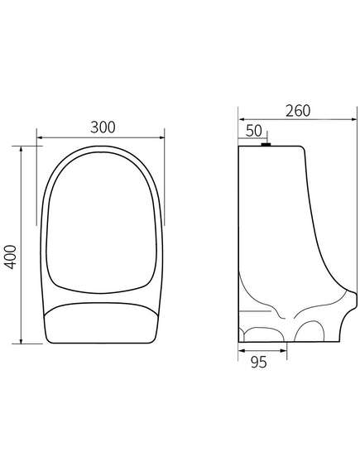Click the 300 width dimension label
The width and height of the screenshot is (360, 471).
coord(103,127)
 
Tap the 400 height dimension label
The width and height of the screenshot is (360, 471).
coord(11,257)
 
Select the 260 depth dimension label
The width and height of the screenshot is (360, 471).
coord(298,111)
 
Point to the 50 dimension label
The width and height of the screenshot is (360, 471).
coord(254,131)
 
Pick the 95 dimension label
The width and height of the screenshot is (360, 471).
coord(258,363)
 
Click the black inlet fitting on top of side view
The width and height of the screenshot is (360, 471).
coord(266,145)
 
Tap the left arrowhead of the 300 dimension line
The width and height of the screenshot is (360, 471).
coord(39,137)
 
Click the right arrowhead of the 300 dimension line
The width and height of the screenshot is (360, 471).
coord(162,137)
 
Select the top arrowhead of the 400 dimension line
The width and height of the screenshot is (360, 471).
coord(21,149)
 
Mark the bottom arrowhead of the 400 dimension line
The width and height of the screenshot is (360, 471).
coord(21,341)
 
